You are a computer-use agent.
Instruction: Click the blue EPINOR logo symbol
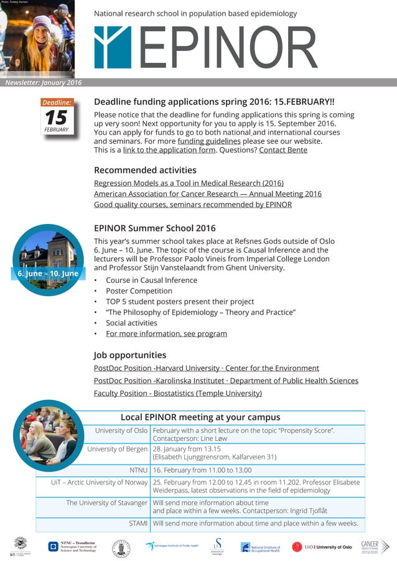tap(113, 47)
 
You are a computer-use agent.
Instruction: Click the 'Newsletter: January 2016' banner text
tap(44, 83)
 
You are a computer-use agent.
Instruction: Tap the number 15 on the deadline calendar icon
tap(57, 117)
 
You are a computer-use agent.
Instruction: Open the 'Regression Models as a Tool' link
tap(189, 183)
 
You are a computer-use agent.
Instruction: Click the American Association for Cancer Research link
tap(207, 193)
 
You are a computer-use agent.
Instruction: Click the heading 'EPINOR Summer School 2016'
tap(154, 228)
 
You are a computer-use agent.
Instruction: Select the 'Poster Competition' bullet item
tap(139, 291)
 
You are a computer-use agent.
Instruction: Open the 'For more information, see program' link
tap(166, 333)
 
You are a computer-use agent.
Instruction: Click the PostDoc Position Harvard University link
tap(206, 368)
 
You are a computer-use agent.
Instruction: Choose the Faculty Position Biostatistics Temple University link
tap(177, 393)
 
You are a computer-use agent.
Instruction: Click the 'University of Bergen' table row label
tap(118, 449)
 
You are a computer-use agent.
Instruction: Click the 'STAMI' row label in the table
tap(138, 523)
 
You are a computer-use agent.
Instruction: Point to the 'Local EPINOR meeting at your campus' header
tap(200, 417)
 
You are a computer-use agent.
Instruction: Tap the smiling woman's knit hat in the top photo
tap(42, 25)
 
